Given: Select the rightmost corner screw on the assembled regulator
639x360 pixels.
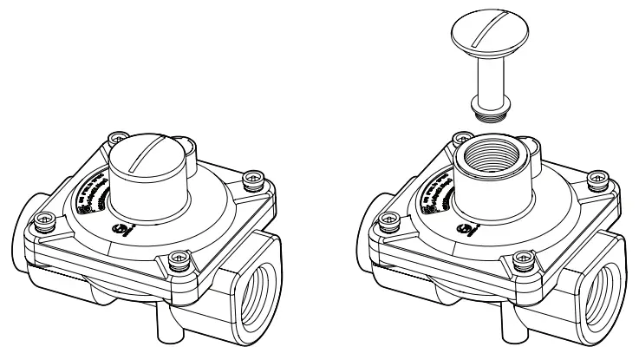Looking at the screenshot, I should point(252,180).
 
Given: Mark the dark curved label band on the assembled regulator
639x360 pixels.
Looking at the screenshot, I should point(91,187).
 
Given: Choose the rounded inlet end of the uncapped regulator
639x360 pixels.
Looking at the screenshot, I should point(374,221).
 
